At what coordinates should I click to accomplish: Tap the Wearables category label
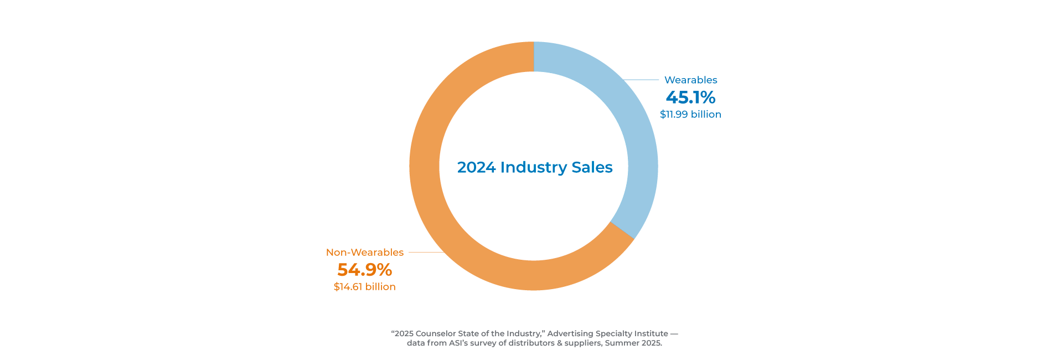690,80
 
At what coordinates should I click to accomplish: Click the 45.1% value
690,97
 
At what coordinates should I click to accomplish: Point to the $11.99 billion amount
690,115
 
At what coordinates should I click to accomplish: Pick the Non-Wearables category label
365,253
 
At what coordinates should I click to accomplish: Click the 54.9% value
365,270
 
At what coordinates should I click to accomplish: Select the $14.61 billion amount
365,287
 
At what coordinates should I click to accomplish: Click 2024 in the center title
476,167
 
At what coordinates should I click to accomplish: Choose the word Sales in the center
592,167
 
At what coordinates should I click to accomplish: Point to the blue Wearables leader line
642,80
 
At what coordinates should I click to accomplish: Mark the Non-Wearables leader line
425,252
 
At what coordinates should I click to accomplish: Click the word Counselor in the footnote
436,333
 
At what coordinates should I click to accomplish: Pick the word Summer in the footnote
622,343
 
